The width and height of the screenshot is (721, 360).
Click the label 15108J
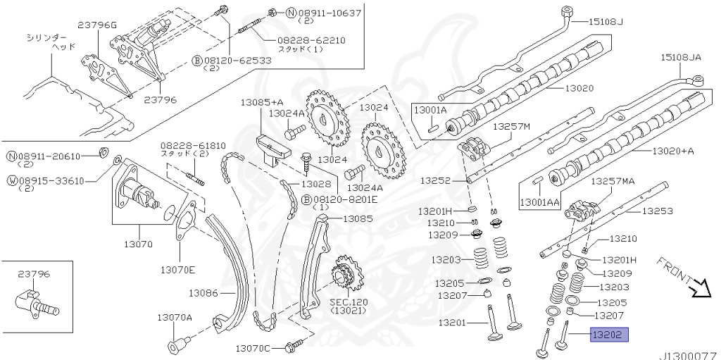[607, 21]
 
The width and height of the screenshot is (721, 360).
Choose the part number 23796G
[97, 25]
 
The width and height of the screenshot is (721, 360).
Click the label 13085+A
[261, 102]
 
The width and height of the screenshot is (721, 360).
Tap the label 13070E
[177, 269]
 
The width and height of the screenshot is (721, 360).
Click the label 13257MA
[612, 181]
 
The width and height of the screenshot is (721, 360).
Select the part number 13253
[658, 211]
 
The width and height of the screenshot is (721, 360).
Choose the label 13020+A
[672, 151]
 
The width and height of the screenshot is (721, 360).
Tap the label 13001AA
[540, 202]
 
